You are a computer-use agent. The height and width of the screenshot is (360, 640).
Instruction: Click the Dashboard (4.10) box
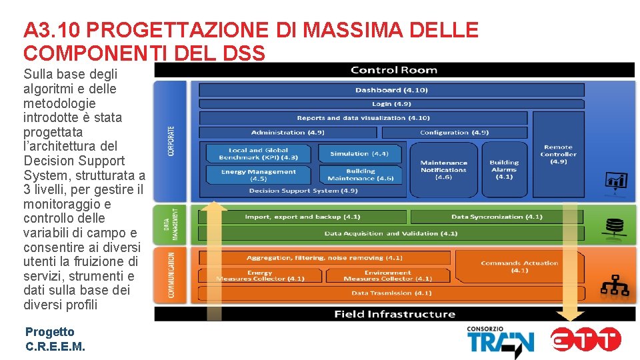pos(391,90)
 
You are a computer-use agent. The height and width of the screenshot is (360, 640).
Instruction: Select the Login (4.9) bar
pos(391,104)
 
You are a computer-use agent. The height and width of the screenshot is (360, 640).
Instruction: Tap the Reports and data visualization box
pos(363,118)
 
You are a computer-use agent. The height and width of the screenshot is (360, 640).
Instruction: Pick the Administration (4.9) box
pos(288,133)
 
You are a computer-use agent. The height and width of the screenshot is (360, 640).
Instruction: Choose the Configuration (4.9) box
pos(454,133)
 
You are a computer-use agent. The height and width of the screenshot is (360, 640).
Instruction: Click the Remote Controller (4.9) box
pos(558,154)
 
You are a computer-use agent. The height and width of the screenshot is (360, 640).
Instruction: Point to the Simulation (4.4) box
pos(359,153)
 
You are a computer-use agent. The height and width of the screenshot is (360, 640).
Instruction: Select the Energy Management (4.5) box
pos(258,175)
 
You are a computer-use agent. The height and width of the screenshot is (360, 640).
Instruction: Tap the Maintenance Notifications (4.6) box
pos(443,169)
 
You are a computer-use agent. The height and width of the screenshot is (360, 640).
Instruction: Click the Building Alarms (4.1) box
pos(504,169)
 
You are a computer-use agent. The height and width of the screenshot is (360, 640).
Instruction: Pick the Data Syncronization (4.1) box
pos(497,217)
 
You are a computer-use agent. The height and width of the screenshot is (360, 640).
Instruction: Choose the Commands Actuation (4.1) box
pos(519,267)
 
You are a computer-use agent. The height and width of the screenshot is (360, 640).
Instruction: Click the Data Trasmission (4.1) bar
pos(391,293)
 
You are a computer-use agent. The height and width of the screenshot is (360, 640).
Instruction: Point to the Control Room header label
pos(393,70)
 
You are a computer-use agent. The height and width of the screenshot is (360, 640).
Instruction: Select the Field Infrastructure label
pos(395,314)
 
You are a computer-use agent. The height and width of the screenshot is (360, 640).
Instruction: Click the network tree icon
pos(614,285)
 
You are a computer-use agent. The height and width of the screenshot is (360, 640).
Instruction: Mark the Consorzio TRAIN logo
pos(500,341)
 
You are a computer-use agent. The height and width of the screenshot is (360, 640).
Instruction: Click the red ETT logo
pos(586,340)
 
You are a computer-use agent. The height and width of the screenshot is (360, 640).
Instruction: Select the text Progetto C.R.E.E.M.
pos(55,339)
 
